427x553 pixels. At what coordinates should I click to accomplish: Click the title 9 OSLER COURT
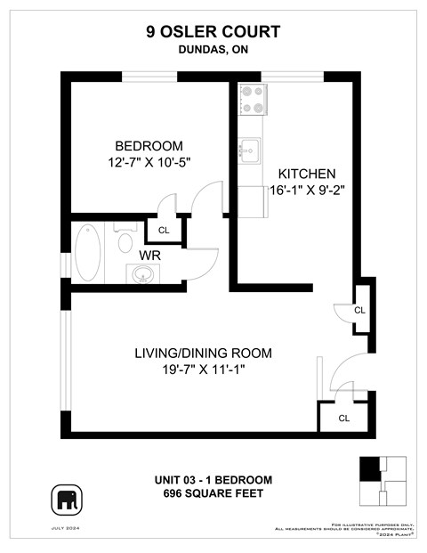(x=213, y=32)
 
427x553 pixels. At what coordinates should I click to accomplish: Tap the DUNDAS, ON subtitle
(x=213, y=51)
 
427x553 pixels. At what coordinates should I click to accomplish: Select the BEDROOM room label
(x=149, y=146)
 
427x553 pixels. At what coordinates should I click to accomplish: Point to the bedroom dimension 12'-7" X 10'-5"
(x=149, y=162)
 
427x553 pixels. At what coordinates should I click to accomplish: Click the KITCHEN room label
(x=306, y=174)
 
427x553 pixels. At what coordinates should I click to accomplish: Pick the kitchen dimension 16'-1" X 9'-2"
(x=306, y=190)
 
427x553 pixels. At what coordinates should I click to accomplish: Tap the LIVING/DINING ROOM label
(x=203, y=353)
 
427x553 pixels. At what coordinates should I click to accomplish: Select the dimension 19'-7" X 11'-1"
(x=203, y=369)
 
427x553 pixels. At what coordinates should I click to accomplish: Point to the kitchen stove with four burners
(x=253, y=99)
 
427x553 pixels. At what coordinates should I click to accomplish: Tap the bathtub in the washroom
(x=88, y=253)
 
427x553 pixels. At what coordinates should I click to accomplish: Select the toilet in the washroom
(x=123, y=241)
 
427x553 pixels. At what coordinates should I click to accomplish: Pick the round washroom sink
(x=142, y=273)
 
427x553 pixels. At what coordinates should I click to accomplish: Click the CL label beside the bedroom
(x=164, y=230)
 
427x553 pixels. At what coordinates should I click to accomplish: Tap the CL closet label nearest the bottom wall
(x=344, y=418)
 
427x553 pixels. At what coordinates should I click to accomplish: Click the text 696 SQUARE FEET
(x=213, y=493)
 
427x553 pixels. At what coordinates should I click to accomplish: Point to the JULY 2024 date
(x=68, y=531)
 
